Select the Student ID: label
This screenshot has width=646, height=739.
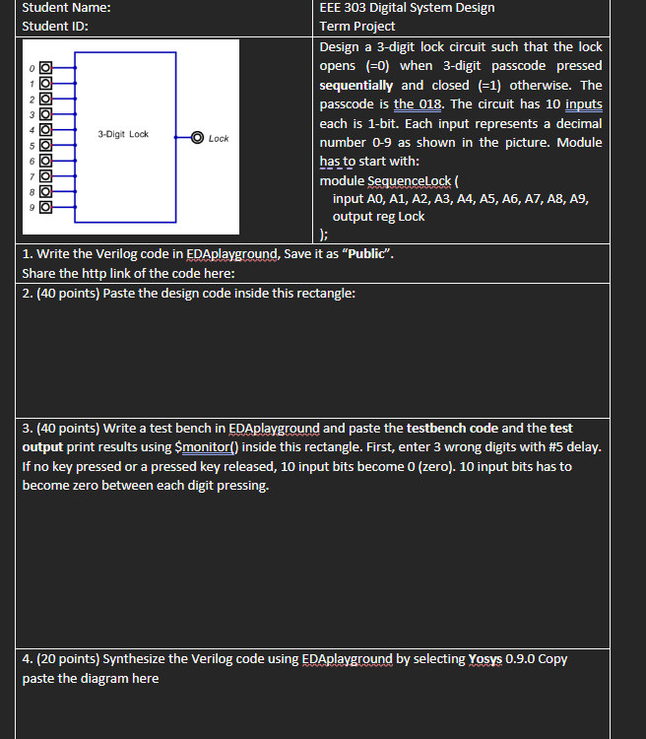(x=54, y=27)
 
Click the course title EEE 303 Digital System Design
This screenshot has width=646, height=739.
(x=407, y=8)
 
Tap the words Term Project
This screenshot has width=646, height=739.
(x=357, y=27)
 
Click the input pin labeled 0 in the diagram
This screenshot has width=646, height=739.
(x=44, y=68)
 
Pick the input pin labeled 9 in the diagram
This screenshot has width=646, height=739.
(x=44, y=208)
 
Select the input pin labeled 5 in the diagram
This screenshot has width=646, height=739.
(x=44, y=146)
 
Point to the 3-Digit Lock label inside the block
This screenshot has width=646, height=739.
(x=123, y=134)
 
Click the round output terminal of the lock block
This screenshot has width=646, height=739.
(x=197, y=138)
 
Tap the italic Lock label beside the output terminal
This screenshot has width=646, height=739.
(x=219, y=139)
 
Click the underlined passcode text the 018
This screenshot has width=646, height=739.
(x=420, y=104)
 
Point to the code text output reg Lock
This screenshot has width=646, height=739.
(x=378, y=217)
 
